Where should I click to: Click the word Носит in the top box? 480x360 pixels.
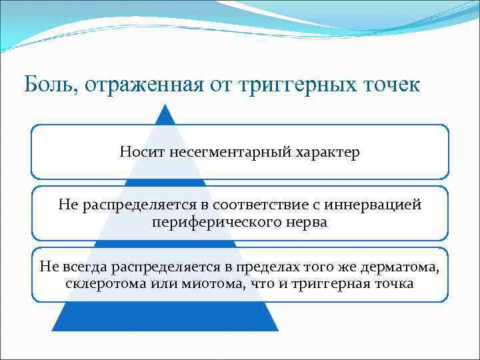click(142, 152)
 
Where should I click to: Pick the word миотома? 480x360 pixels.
click(191, 283)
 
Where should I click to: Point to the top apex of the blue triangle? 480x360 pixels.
click(165, 104)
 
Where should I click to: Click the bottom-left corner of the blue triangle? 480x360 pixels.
click(52, 331)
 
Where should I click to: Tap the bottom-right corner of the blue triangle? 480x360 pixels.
click(278, 331)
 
